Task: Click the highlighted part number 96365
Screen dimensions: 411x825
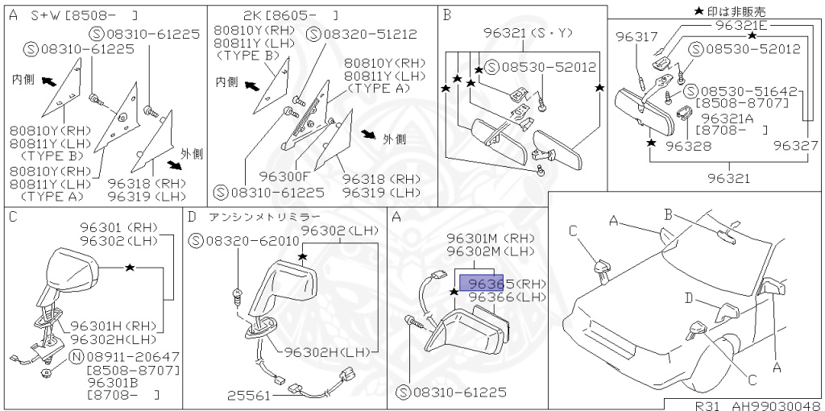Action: [x=481, y=284]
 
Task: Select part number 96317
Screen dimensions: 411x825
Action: [x=637, y=37]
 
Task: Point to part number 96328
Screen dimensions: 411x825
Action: [x=688, y=146]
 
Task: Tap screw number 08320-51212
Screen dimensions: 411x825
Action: [x=361, y=34]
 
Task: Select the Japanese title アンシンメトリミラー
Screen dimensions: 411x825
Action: [x=265, y=217]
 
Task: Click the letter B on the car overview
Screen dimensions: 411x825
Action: [x=668, y=214]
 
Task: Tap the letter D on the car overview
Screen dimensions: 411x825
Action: [x=688, y=299]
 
